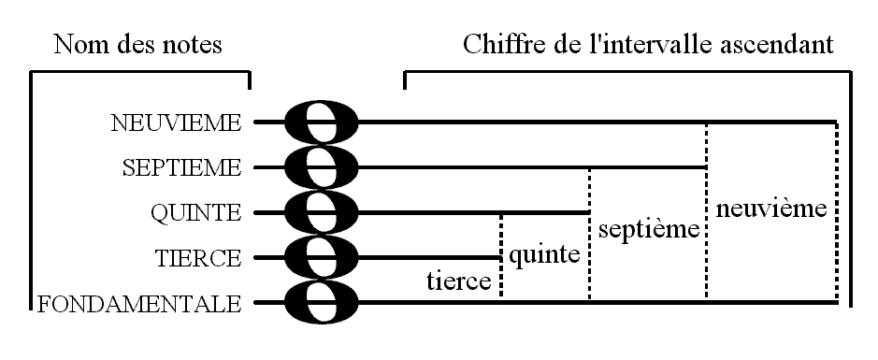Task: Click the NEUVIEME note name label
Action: coord(176,122)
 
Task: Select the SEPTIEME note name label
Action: coord(182,168)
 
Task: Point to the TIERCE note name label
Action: coord(196,258)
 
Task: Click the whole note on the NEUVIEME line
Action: coord(320,122)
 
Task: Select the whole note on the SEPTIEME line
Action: coord(320,167)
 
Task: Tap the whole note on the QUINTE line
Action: coord(320,212)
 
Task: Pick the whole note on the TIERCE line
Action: coord(320,257)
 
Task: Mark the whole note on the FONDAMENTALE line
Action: coord(320,303)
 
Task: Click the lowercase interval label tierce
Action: coord(459,281)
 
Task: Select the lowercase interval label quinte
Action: coord(544,253)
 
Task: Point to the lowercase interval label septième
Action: coord(648,229)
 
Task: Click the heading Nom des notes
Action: coord(138,44)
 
